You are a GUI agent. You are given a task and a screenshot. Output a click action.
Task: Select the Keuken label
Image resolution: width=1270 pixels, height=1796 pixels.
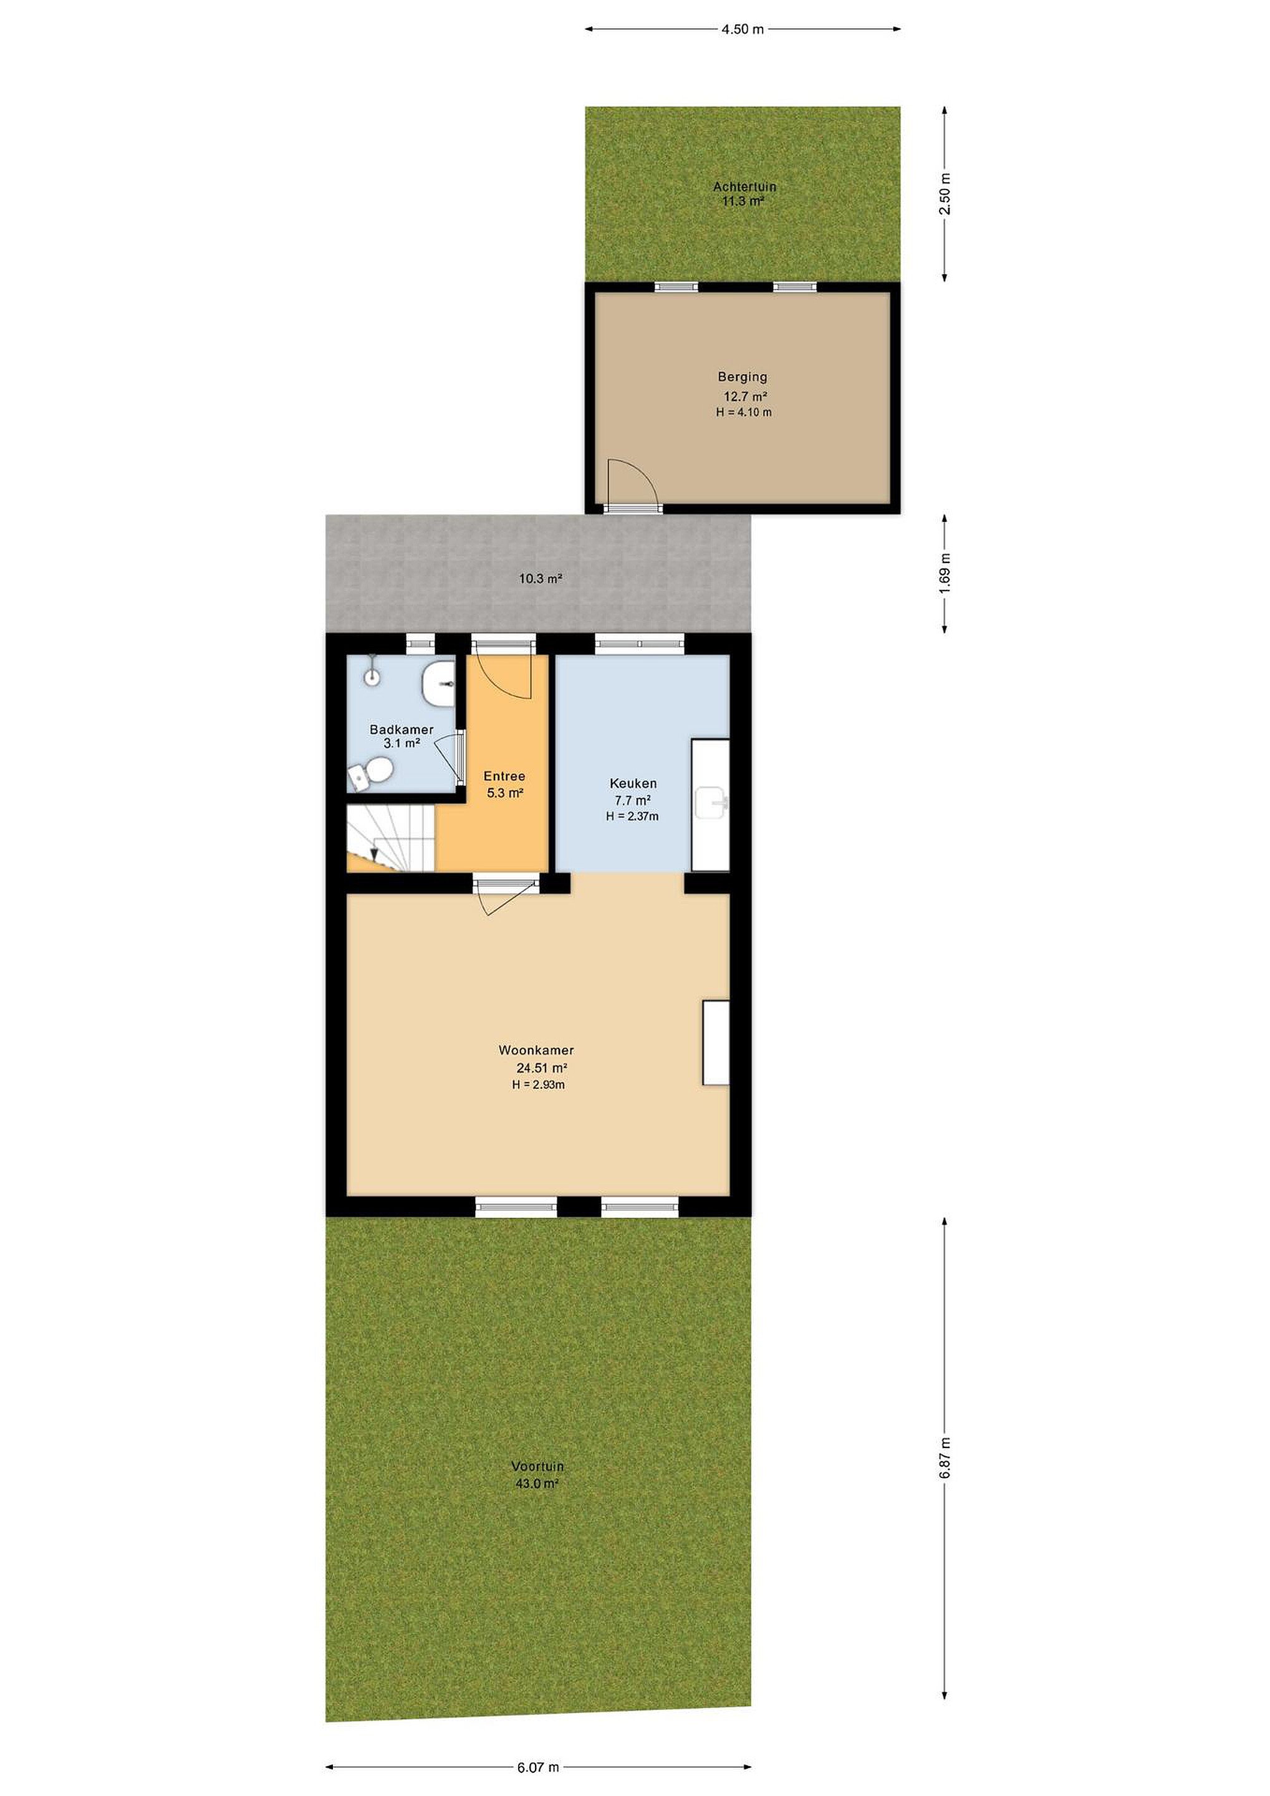click(633, 783)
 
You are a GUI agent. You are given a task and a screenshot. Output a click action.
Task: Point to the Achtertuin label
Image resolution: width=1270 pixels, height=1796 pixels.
click(744, 187)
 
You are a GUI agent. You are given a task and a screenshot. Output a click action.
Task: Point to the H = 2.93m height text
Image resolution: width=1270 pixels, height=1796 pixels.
click(538, 1085)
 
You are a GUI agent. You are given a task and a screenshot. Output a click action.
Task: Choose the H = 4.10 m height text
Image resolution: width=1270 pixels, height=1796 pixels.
click(744, 412)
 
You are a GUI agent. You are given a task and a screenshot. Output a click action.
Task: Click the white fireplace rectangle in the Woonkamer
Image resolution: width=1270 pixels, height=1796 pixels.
click(716, 1043)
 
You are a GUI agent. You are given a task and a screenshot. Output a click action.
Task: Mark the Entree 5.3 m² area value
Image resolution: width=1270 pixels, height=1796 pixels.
click(504, 793)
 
